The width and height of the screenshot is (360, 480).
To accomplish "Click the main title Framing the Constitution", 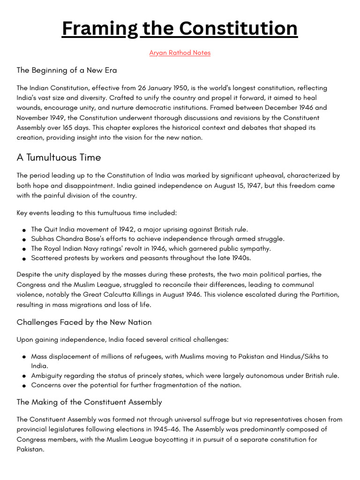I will tap(180, 29).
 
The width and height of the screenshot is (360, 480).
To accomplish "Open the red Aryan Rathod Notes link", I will tap(180, 53).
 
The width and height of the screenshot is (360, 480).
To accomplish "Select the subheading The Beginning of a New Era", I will tap(67, 70).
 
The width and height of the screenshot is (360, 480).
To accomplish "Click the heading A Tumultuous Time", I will tap(59, 157).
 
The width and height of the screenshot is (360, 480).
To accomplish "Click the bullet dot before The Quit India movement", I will tap(23, 230).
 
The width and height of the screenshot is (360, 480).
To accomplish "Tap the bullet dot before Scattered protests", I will tap(23, 259).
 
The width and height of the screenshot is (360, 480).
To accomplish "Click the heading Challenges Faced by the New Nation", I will tap(84, 322).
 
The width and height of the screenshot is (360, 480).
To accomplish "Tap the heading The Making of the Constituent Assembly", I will tap(89, 402).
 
